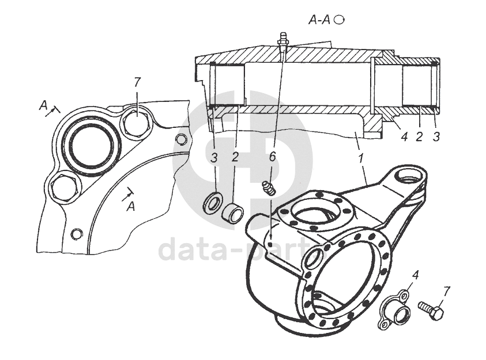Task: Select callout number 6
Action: [273, 156]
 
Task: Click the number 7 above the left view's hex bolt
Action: [137, 82]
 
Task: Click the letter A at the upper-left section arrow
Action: [43, 105]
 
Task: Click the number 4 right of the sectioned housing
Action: [405, 137]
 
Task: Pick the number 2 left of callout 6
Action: [235, 156]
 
